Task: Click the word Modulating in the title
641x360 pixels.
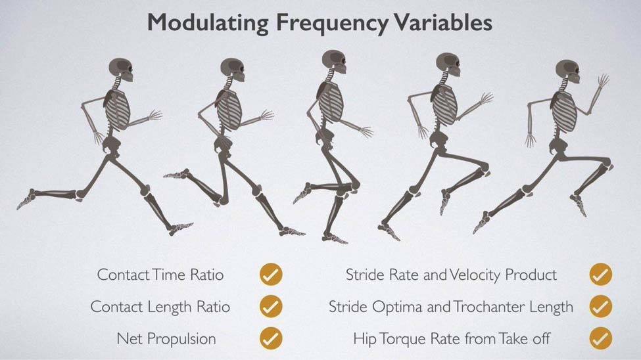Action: pyautogui.click(x=208, y=22)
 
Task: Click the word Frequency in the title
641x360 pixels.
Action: pyautogui.click(x=331, y=23)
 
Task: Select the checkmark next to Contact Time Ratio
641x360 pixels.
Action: pyautogui.click(x=271, y=274)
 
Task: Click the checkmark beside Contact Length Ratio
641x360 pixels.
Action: pyautogui.click(x=271, y=307)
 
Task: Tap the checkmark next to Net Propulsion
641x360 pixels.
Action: pyautogui.click(x=271, y=339)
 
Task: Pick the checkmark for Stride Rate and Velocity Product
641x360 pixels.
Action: pyautogui.click(x=600, y=274)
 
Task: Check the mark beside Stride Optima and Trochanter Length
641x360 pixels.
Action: pyautogui.click(x=600, y=307)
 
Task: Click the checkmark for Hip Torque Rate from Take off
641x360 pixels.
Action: pyautogui.click(x=600, y=339)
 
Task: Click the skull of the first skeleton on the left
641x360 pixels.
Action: pyautogui.click(x=121, y=70)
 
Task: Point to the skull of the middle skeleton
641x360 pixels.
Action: pyautogui.click(x=334, y=62)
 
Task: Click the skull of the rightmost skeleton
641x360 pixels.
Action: pyautogui.click(x=568, y=72)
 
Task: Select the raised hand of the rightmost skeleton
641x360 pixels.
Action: pyautogui.click(x=603, y=80)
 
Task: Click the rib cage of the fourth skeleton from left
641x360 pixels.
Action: pyautogui.click(x=444, y=105)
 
